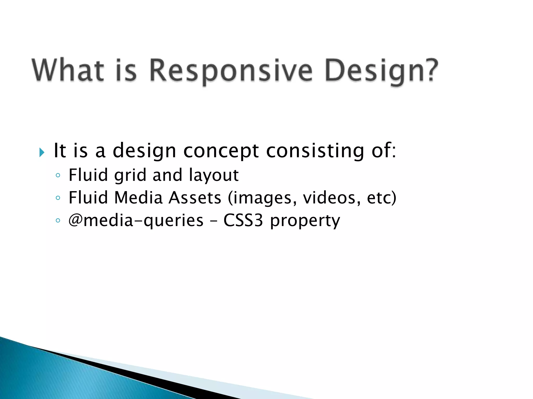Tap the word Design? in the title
point(382,71)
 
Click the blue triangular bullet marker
point(42,152)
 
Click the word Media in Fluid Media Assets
point(138,198)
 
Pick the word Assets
point(195,198)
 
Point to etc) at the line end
point(382,198)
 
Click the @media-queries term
point(136,221)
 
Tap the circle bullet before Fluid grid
point(58,175)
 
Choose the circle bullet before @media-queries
point(58,221)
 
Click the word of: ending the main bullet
point(384,151)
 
